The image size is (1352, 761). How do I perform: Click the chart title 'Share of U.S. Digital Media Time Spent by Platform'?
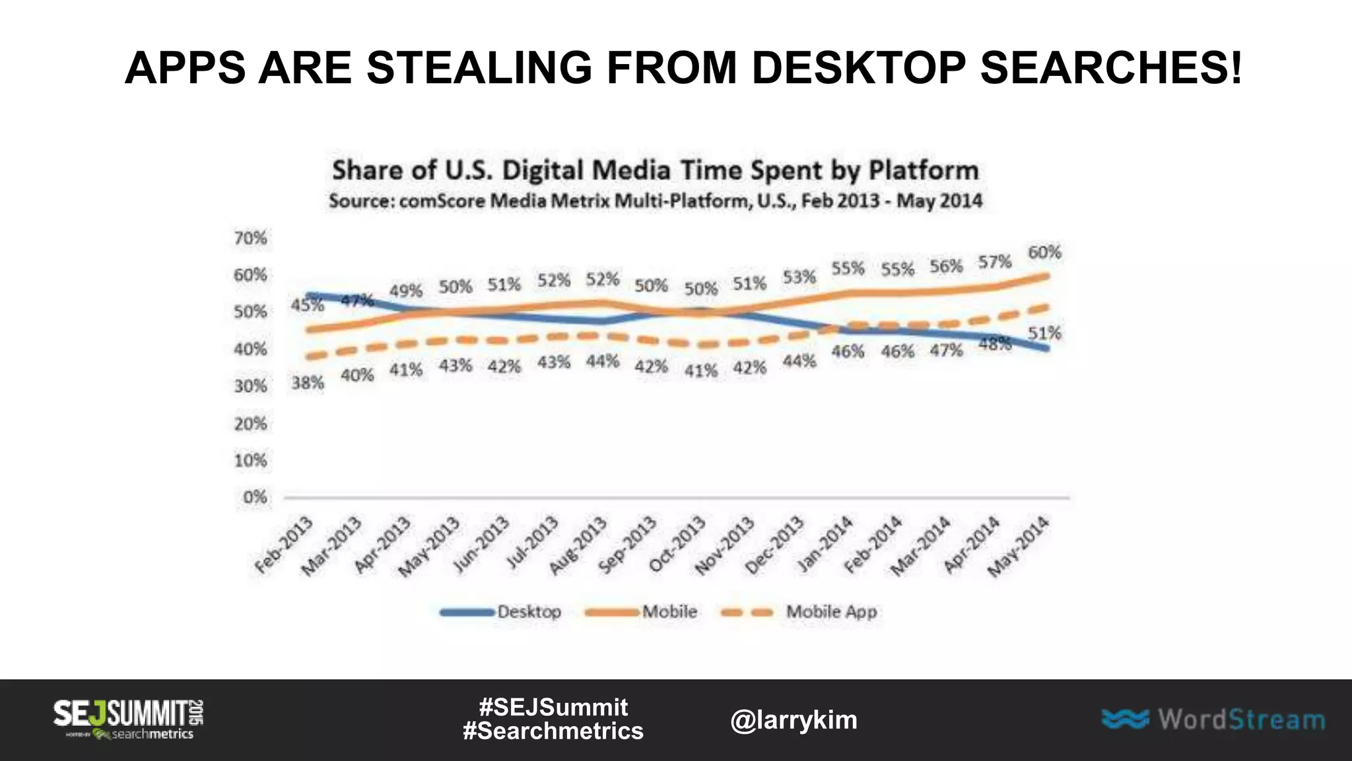tap(655, 170)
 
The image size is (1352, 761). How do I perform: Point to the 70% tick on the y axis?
tap(251, 238)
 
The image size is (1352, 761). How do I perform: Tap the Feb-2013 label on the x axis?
tap(284, 546)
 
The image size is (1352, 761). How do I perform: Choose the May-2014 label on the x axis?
tap(1019, 547)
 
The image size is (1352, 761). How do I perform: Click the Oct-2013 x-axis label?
tap(677, 545)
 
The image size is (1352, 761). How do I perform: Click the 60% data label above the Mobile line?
tap(1044, 252)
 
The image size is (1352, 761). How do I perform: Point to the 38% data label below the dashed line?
tap(308, 383)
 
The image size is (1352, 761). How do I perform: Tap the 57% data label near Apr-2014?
tap(995, 262)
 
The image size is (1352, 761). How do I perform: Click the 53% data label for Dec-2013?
tap(799, 277)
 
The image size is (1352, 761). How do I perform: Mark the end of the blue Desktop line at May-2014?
tap(1047, 348)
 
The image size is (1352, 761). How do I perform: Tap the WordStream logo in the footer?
tap(1213, 719)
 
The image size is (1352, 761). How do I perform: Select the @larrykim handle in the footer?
tap(794, 720)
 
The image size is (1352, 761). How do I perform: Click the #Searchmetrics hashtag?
tap(553, 731)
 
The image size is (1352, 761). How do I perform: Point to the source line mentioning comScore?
tap(655, 201)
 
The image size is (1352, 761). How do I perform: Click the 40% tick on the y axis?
tap(251, 349)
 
